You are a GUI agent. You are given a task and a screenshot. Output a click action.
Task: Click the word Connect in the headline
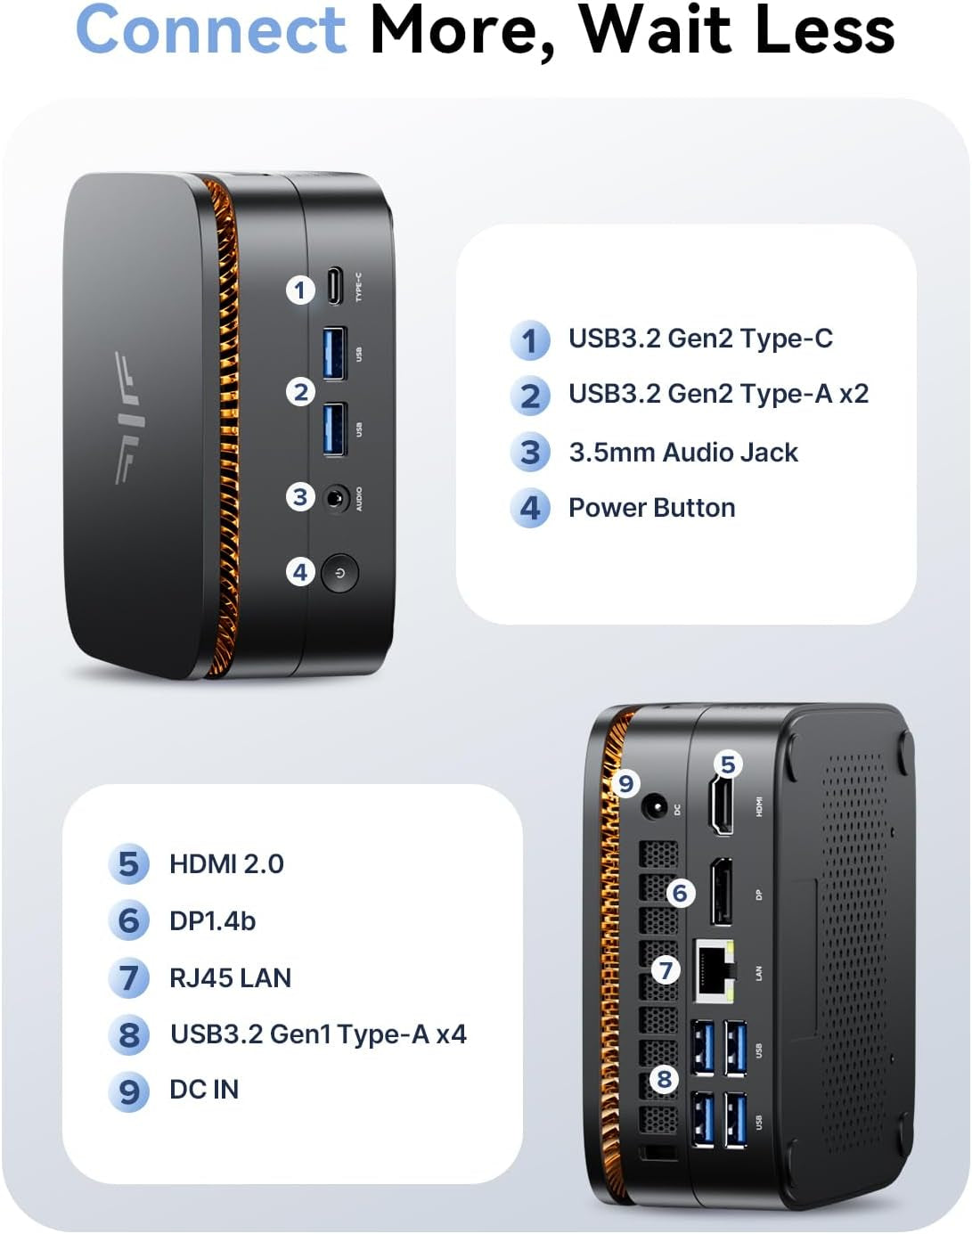(211, 30)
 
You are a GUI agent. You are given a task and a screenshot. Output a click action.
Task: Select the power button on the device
(339, 573)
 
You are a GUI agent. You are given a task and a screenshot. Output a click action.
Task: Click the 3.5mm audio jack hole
(335, 498)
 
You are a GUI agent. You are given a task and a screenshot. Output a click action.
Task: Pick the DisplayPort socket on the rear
(722, 893)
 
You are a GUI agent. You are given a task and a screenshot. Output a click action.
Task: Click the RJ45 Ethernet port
(715, 969)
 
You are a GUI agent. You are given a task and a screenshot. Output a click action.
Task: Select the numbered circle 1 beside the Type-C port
(300, 290)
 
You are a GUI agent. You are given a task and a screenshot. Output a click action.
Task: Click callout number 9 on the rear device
(626, 783)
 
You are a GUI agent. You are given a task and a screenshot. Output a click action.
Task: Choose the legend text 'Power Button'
(651, 508)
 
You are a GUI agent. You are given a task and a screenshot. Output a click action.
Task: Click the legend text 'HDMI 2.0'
(226, 864)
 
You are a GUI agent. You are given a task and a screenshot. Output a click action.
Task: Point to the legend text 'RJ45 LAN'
(230, 978)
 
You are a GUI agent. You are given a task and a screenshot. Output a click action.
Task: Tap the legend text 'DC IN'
(204, 1090)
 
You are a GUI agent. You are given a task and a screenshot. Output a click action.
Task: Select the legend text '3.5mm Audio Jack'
(682, 453)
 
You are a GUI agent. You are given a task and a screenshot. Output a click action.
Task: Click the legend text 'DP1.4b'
(212, 921)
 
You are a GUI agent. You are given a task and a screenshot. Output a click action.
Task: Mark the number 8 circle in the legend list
(129, 1034)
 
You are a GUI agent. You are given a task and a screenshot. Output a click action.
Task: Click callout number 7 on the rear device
(666, 969)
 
